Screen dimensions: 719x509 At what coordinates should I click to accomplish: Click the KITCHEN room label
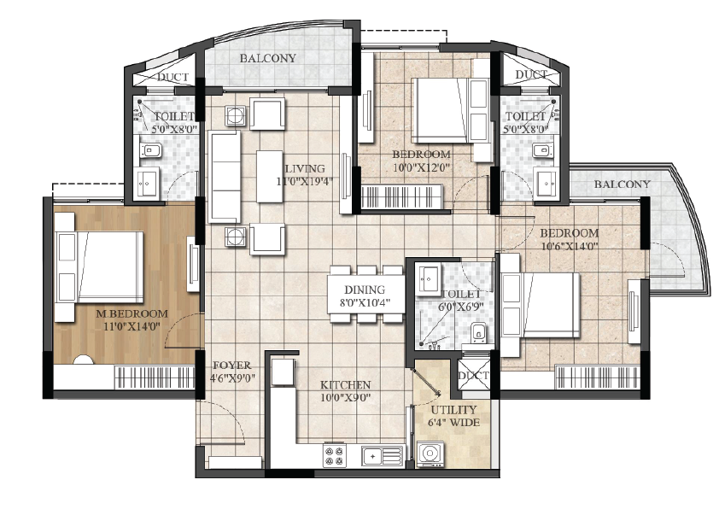pyautogui.click(x=345, y=384)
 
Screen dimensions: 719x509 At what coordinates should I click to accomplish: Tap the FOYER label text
pyautogui.click(x=232, y=366)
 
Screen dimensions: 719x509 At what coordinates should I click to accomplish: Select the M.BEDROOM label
pyautogui.click(x=132, y=314)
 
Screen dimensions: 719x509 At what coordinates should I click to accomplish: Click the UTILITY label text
pyautogui.click(x=454, y=409)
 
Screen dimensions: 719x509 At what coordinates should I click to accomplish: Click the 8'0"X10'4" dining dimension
pyautogui.click(x=365, y=302)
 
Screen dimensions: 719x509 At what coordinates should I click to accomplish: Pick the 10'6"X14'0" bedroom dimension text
pyautogui.click(x=570, y=246)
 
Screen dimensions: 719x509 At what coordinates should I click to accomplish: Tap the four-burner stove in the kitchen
pyautogui.click(x=334, y=456)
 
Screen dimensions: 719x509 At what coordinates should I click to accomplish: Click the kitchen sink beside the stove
pyautogui.click(x=382, y=456)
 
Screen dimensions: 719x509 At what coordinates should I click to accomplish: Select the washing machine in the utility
pyautogui.click(x=430, y=454)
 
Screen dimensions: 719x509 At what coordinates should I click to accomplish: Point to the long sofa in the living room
pyautogui.click(x=225, y=177)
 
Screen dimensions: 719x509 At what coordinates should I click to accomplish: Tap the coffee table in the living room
pyautogui.click(x=270, y=177)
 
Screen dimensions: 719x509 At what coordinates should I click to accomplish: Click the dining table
pyautogui.click(x=366, y=294)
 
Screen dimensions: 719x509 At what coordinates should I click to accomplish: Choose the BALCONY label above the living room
pyautogui.click(x=268, y=58)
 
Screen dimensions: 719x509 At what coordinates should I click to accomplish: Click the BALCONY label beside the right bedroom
pyautogui.click(x=623, y=184)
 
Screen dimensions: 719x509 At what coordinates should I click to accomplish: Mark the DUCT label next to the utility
pyautogui.click(x=474, y=376)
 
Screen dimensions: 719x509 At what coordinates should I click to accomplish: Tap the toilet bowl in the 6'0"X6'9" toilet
pyautogui.click(x=478, y=332)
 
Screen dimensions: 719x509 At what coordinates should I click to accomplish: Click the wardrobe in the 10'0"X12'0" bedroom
pyautogui.click(x=402, y=197)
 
